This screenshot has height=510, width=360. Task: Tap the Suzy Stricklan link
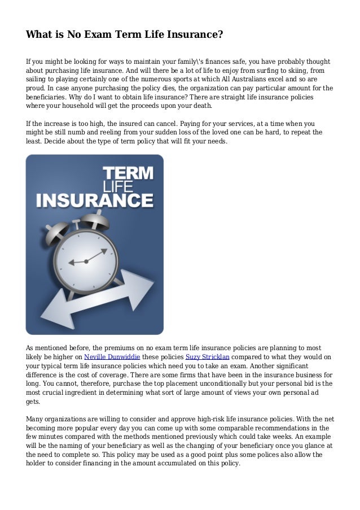click(x=205, y=357)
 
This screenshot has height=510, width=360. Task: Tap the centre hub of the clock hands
click(x=86, y=261)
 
